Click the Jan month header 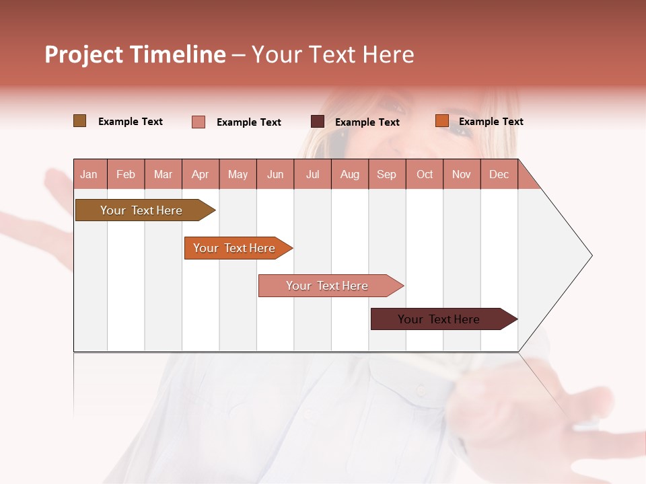click(89, 174)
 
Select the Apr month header click(200, 174)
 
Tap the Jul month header click(312, 174)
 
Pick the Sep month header click(386, 174)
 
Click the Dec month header click(499, 174)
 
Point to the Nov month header click(461, 174)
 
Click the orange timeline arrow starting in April click(236, 248)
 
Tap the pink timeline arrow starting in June click(328, 286)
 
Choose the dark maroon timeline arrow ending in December click(441, 319)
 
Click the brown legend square click(79, 121)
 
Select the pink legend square click(199, 122)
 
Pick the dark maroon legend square click(318, 122)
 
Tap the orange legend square click(441, 121)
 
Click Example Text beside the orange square click(491, 121)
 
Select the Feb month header click(126, 174)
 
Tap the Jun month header click(275, 174)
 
